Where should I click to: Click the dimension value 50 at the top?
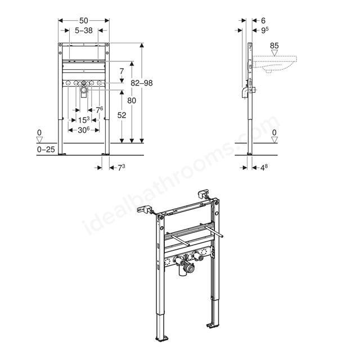coord(83,20)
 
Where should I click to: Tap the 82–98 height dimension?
coord(141,83)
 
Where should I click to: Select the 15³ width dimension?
coord(83,119)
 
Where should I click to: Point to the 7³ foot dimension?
coord(120,167)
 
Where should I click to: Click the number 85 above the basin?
coord(274,45)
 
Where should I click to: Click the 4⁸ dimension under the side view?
coord(264,167)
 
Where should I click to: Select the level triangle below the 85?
coord(274,54)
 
